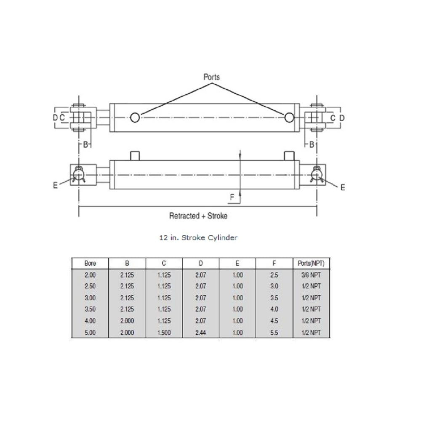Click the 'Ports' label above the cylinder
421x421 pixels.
point(212,77)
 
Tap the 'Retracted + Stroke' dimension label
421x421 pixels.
point(198,216)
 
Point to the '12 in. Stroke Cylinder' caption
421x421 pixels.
point(198,237)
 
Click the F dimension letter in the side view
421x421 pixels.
point(232,197)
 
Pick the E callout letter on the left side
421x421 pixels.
point(55,185)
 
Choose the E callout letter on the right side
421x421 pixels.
point(343,187)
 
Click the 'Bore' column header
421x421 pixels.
point(90,264)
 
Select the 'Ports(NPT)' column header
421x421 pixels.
point(311,264)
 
